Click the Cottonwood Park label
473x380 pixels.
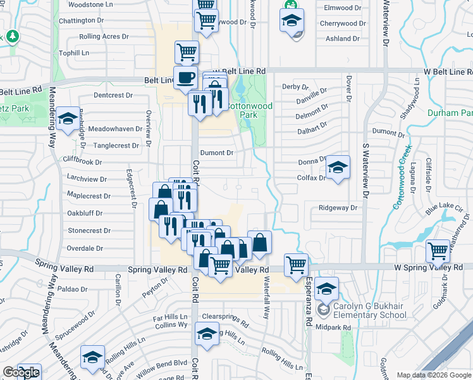(251, 111)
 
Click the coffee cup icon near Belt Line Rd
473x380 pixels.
(185, 77)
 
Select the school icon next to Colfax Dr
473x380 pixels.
(338, 168)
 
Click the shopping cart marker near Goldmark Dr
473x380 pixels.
(438, 251)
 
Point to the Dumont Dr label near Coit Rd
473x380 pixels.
(217, 153)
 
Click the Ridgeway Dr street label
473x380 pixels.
(338, 208)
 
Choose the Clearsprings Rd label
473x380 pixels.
(228, 316)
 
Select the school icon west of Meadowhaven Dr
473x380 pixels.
(66, 118)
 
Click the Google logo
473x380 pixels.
(21, 372)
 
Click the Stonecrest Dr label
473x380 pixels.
(89, 231)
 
